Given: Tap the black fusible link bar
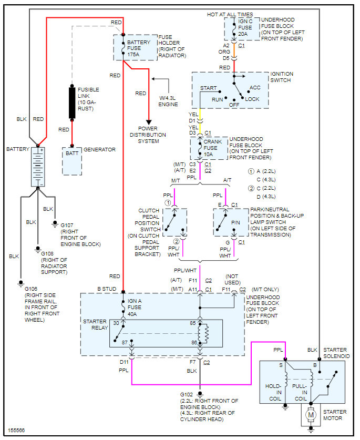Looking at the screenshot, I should (x=71, y=103).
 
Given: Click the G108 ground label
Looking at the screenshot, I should (x=49, y=252).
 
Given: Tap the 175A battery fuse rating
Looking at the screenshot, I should (x=133, y=55).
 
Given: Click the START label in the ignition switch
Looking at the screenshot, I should (x=208, y=88).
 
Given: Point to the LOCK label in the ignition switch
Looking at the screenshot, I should (x=252, y=99).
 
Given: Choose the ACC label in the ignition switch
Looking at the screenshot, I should (x=254, y=88).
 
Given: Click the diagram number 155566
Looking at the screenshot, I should (x=16, y=431).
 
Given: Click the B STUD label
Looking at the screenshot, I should (x=108, y=290).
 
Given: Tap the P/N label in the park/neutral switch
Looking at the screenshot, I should (x=235, y=223).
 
